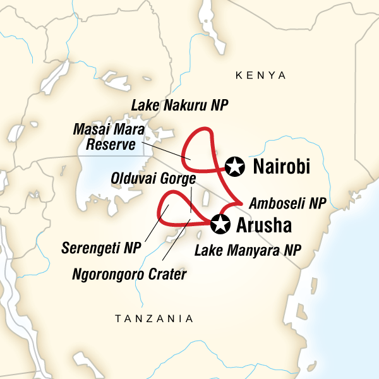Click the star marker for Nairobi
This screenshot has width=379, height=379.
coord(235,167)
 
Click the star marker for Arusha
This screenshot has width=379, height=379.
coord(220,224)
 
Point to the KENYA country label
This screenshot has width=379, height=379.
coord(260,75)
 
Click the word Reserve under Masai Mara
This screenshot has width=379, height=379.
coord(114,145)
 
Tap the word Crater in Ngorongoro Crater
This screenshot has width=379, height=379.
coord(169,274)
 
